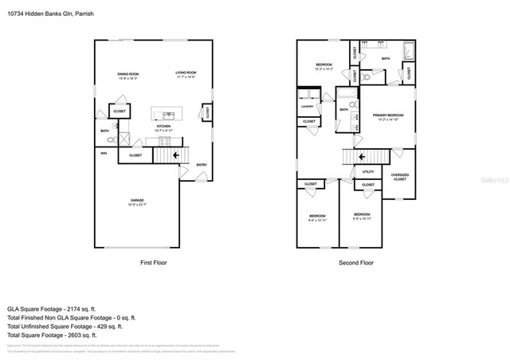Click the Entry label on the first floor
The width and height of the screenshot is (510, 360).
(x=202, y=165)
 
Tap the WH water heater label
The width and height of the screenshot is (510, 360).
(x=104, y=152)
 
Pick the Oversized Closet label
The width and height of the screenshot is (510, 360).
(x=399, y=177)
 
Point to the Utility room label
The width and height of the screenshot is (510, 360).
(x=368, y=171)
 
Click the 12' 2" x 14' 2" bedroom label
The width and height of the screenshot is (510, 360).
(x=323, y=66)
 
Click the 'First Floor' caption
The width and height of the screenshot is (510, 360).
(x=153, y=262)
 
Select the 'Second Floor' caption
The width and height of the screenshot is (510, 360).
(x=356, y=262)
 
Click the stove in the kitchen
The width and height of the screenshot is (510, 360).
(x=165, y=141)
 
